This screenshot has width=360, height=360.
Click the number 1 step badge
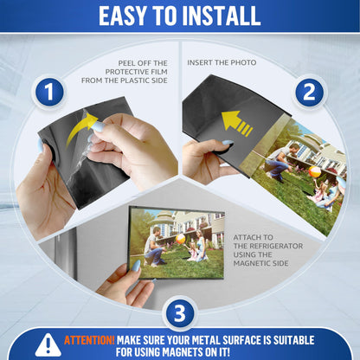point(49,92)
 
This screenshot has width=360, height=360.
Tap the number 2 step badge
point(310,93)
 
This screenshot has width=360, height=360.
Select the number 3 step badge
point(179,313)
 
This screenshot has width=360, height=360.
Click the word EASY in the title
point(122,16)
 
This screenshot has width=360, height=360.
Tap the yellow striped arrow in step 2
point(236,123)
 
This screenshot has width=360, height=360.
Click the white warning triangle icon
point(48,345)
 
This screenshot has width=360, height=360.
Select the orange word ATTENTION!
point(89,340)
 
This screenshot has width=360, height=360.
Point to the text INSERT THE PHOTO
point(222,62)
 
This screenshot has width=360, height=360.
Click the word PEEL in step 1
point(127,63)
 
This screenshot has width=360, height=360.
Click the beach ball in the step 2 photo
point(314,171)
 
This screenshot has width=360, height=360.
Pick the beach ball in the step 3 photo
point(180,238)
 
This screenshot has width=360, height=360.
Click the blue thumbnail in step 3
point(136,266)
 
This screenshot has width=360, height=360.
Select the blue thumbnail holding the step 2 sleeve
point(228,143)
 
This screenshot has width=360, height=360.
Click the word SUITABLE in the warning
point(294,340)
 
